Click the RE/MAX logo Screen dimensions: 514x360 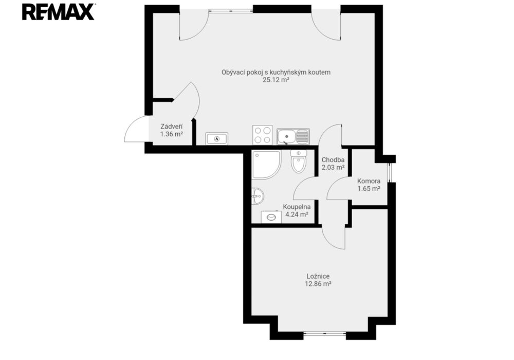(x=59, y=12)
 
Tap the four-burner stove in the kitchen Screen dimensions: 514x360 (x=262, y=135)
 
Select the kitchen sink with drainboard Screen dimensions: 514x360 (x=293, y=136)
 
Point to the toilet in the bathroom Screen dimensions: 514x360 (x=299, y=161)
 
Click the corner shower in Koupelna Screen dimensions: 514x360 (x=266, y=164)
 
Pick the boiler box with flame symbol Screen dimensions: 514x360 (x=217, y=139)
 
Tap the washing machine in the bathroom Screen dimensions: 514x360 (x=271, y=217)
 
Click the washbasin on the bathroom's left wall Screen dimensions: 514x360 (x=258, y=196)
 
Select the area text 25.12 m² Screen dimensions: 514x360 (x=276, y=80)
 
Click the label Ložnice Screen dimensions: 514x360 (x=318, y=276)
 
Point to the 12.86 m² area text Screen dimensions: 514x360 (x=318, y=284)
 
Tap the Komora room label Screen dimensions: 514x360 (x=369, y=181)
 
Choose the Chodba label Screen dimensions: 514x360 (x=333, y=160)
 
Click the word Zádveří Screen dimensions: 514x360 (x=172, y=126)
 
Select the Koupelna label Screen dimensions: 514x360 (x=297, y=207)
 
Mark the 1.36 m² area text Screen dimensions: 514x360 (x=172, y=134)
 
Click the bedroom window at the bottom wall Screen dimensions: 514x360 (x=324, y=334)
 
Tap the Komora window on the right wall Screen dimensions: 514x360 (x=389, y=173)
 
